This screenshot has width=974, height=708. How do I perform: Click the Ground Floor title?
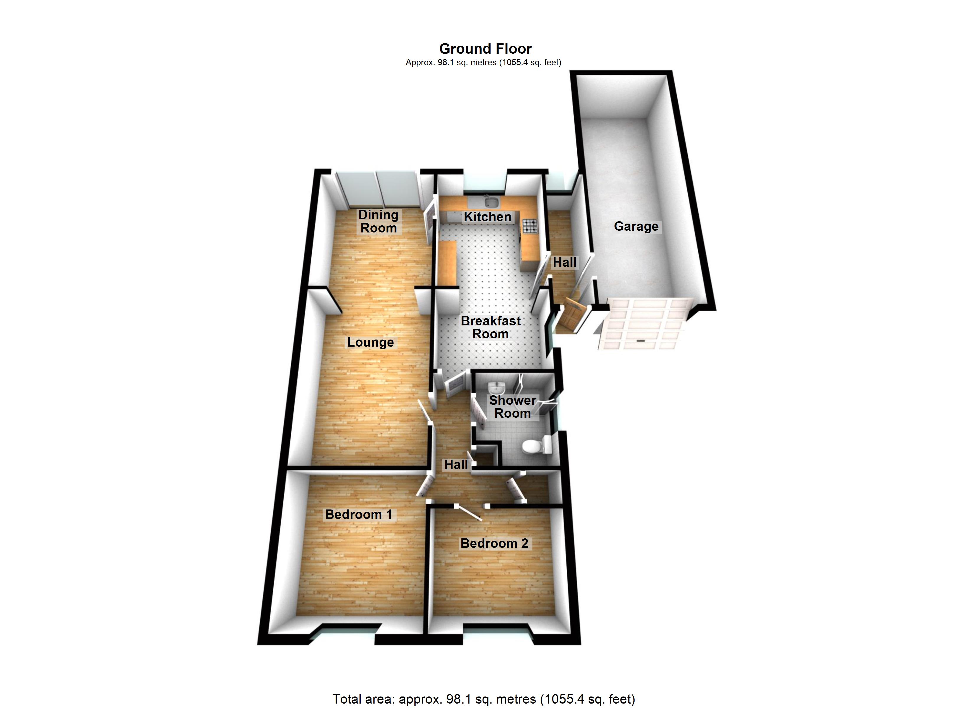[x=485, y=48]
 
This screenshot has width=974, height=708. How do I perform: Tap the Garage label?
[x=636, y=226]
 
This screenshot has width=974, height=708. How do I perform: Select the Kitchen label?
[x=487, y=217]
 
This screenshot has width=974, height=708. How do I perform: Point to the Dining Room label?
[x=378, y=221]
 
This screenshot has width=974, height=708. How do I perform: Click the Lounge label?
[x=370, y=342]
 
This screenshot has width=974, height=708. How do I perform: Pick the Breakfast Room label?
[x=491, y=327]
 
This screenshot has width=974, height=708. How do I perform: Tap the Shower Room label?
[x=512, y=407]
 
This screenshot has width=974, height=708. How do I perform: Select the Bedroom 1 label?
[x=359, y=514]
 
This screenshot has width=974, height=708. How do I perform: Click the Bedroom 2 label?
[x=494, y=543]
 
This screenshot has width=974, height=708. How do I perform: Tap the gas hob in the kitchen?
[x=530, y=226]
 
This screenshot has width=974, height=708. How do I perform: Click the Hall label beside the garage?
[x=564, y=262]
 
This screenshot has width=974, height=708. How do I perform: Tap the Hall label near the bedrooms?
[x=456, y=465]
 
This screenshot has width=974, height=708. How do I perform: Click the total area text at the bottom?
[x=483, y=699]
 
